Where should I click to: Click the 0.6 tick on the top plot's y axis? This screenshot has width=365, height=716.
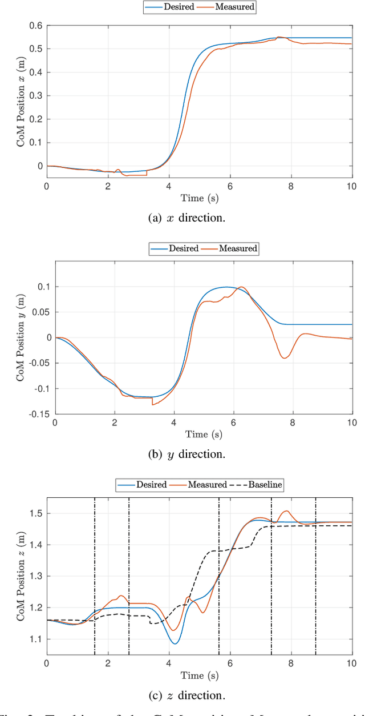tap(35, 26)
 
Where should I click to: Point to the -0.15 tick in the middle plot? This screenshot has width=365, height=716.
tap(39, 414)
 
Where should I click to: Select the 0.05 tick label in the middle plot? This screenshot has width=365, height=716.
tap(40, 312)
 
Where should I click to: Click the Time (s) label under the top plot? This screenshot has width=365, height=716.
tap(199, 198)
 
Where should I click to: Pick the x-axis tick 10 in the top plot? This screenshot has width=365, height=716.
tap(351, 186)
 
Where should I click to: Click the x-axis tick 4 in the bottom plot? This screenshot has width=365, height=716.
tap(169, 663)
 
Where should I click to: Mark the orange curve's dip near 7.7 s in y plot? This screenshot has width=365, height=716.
tap(284, 358)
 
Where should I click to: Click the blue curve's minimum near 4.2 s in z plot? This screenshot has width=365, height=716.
tap(175, 643)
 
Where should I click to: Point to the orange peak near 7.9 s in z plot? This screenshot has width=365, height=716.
tap(287, 511)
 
